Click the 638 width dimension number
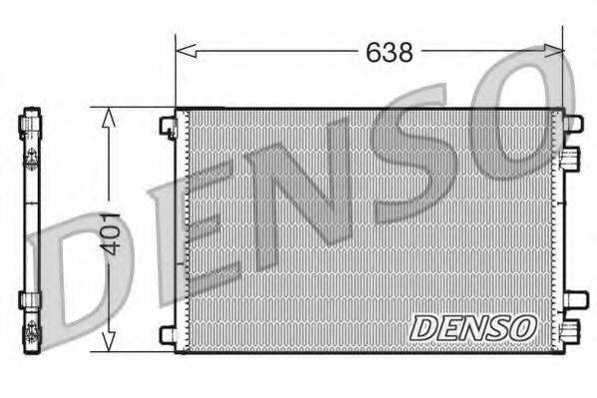(x=388, y=52)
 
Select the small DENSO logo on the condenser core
(x=474, y=327)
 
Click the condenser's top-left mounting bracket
(x=167, y=127)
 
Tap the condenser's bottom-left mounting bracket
(x=167, y=334)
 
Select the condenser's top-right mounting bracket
(x=573, y=124)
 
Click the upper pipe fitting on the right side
(x=571, y=158)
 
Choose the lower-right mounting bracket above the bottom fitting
(x=573, y=299)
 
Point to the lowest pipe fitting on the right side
(x=570, y=331)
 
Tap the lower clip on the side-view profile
(x=29, y=299)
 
